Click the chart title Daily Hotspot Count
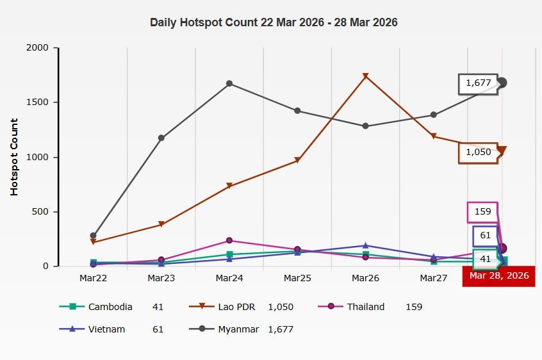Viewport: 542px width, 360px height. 274,22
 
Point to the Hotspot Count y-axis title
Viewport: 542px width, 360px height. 14,157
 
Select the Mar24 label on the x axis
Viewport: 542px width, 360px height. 229,279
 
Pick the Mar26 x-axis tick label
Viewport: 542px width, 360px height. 365,279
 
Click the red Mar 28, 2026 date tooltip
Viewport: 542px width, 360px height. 499,276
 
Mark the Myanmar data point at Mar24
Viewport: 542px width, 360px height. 229,83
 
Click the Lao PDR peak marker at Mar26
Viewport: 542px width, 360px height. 365,76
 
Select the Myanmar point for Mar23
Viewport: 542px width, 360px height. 161,138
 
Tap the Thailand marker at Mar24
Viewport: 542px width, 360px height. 229,240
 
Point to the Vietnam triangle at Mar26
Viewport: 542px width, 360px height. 365,245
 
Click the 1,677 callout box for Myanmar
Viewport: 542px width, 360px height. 477,83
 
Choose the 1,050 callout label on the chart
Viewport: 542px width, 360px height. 477,152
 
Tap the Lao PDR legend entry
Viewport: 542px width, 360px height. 236,307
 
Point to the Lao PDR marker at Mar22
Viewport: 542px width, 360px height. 94,242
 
